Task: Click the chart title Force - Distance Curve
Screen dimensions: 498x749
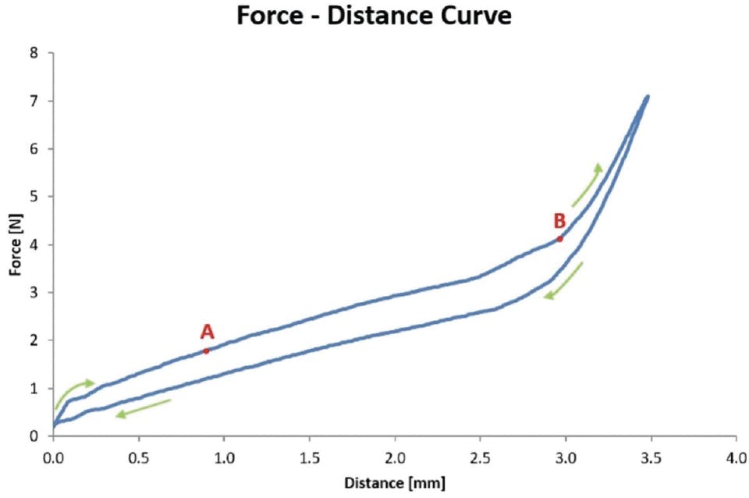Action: [374, 16]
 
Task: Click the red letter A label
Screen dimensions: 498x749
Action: [207, 333]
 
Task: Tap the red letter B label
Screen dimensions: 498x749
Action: [559, 221]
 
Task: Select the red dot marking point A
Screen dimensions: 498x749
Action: [206, 350]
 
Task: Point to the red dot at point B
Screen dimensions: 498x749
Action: [560, 239]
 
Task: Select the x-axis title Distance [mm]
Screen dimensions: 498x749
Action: [394, 483]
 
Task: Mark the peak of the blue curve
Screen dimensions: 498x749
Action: [647, 97]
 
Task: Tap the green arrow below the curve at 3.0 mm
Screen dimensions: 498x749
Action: [565, 281]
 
